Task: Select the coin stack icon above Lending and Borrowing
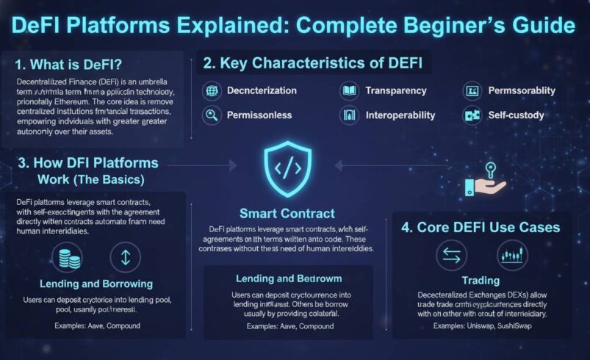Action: coord(68,258)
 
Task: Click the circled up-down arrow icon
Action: coord(124,258)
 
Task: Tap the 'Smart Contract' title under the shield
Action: coord(287,214)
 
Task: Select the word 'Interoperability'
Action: coord(400,115)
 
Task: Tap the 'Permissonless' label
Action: coord(259,115)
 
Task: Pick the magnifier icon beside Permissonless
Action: coord(212,115)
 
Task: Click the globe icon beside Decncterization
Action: coord(212,90)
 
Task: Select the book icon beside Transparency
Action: coord(349,90)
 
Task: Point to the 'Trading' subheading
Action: coord(481,280)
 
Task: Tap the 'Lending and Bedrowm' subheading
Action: coord(287,278)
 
